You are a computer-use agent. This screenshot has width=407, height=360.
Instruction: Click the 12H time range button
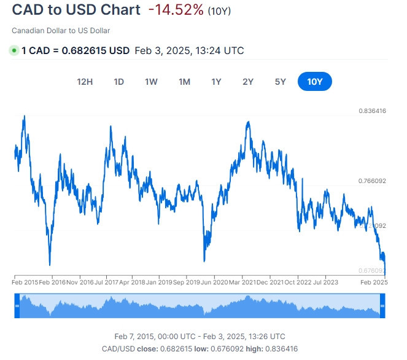tap(85, 82)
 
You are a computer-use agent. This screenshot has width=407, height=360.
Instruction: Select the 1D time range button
tap(118, 82)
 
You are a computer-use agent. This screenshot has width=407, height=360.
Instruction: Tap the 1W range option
tap(151, 82)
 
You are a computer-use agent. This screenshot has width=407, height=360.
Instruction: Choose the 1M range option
tap(184, 82)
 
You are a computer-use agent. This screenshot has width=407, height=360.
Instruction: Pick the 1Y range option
tap(216, 82)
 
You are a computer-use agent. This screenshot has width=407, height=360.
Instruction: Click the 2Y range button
tap(248, 82)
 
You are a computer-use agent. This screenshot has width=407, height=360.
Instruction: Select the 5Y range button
tap(281, 82)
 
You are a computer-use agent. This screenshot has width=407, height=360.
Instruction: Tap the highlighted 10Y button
tap(314, 82)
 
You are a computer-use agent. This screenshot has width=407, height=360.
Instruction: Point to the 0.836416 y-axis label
tap(372, 111)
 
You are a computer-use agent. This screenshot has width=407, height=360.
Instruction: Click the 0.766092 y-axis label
tap(372, 181)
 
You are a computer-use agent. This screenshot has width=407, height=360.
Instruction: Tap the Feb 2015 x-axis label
tap(25, 283)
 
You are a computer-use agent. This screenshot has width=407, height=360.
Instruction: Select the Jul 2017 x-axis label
tap(107, 283)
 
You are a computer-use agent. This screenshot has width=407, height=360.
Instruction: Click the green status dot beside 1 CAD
tap(14, 50)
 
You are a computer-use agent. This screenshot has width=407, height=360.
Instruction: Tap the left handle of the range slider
tap(18, 305)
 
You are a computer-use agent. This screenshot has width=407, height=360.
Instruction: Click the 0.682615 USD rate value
tap(94, 50)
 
